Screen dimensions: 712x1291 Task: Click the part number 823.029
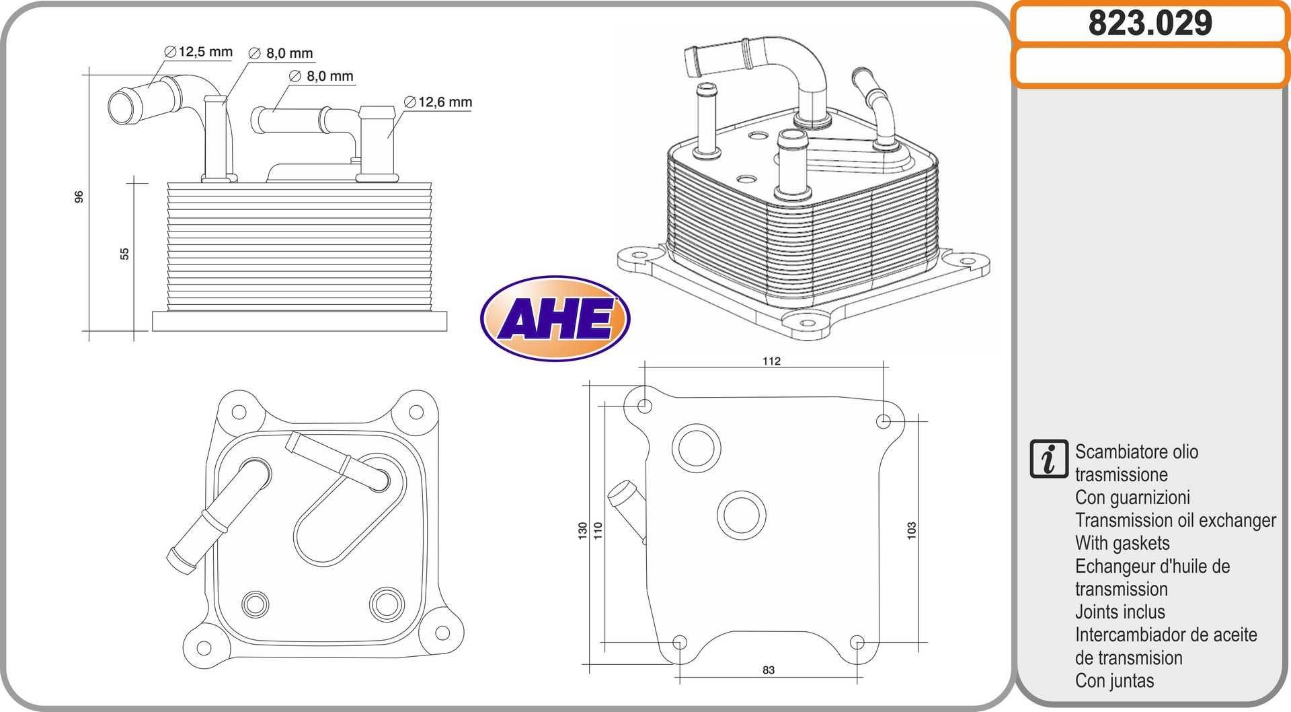[x=1150, y=23]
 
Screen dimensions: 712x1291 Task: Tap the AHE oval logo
[x=555, y=318]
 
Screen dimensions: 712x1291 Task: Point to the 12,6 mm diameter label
[x=439, y=102]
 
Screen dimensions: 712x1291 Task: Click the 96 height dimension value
[x=79, y=197]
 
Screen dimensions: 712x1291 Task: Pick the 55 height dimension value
[x=124, y=254]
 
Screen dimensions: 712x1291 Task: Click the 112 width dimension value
[x=771, y=361]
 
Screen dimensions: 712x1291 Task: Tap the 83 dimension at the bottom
[x=769, y=670]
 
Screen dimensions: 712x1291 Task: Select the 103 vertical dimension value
[x=912, y=530]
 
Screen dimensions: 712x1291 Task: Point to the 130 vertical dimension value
[x=582, y=530]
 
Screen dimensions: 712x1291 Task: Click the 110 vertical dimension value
[x=598, y=530]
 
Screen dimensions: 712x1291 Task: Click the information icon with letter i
[x=1048, y=460]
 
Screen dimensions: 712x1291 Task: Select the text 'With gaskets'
[x=1122, y=543]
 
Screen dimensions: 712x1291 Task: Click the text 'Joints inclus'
[x=1120, y=612]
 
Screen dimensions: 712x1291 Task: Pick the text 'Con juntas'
[x=1114, y=680]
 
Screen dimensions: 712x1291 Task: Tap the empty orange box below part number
[x=1150, y=66]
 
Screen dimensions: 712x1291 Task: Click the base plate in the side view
[x=299, y=321]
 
